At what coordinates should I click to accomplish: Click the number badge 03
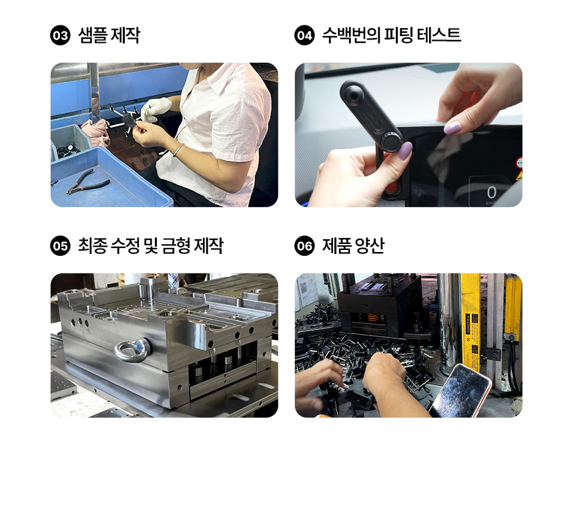60,35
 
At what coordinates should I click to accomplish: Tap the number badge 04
304,35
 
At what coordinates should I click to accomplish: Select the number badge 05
60,245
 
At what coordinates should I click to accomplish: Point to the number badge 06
304,245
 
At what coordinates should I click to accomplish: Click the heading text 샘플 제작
109,35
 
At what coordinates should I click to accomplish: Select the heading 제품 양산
353,245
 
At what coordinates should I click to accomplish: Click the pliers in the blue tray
87,181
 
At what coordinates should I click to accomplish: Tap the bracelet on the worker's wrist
178,150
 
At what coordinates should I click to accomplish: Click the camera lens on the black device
354,96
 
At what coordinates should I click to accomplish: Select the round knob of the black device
391,141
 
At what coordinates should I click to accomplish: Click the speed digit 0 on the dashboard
491,192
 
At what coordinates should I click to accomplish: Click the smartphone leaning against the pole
461,391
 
